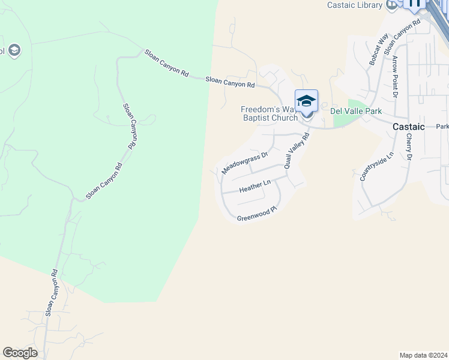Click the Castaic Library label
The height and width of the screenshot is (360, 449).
tap(354, 5)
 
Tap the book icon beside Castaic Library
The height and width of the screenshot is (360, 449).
tap(392, 5)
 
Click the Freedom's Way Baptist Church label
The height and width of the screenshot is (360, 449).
tap(269, 113)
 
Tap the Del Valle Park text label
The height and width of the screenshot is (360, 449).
tap(357, 111)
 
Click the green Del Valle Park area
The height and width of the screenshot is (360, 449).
tap(343, 119)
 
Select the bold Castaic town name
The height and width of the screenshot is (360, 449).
tap(409, 127)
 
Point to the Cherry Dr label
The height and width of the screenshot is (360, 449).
tap(409, 146)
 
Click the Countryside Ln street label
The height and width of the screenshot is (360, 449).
tap(376, 166)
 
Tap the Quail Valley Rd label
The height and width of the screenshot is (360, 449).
tap(297, 150)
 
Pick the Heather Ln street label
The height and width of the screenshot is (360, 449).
tap(255, 186)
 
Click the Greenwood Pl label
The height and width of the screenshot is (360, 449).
tap(256, 214)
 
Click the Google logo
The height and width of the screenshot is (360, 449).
tap(20, 353)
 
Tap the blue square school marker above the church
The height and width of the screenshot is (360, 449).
tap(306, 100)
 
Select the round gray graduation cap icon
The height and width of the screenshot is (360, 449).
tap(14, 50)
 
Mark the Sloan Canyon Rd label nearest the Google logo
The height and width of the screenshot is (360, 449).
tap(51, 292)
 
